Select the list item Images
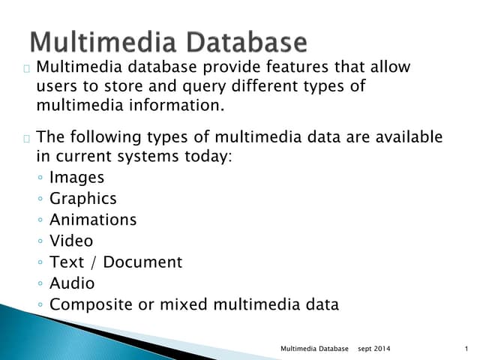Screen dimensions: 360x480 click(76, 178)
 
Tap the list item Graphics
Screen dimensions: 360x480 click(82, 199)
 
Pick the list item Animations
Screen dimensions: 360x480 click(93, 220)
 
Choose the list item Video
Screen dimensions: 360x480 click(71, 241)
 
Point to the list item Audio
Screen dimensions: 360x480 click(72, 283)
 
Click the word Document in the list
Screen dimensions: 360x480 click(142, 262)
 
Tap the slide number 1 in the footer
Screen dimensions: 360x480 click(466, 349)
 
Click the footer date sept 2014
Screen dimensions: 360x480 click(373, 349)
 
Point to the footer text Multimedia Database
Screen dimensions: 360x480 click(314, 349)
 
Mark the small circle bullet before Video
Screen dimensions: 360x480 click(40, 241)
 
